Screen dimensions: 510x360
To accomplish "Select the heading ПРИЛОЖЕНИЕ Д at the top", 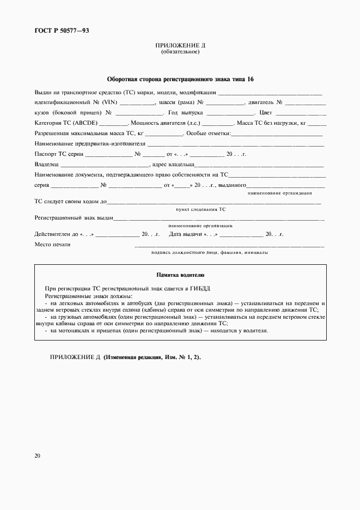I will (x=180, y=46).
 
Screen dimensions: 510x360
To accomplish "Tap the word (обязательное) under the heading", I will (x=180, y=52).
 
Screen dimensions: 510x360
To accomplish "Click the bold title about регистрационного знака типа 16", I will (x=180, y=80).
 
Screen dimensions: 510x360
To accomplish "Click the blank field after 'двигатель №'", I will (x=306, y=102).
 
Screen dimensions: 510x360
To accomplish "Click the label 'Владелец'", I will (x=46, y=165).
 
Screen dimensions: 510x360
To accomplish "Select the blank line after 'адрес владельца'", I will (x=260, y=165).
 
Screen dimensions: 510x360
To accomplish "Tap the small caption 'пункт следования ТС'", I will (x=200, y=209).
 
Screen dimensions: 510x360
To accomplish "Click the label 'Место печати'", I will (x=52, y=245).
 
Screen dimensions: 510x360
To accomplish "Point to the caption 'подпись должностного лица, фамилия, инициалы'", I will (x=209, y=253).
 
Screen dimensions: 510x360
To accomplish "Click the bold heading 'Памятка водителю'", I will (x=180, y=276).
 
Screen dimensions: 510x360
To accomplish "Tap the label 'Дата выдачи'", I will (x=185, y=234).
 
